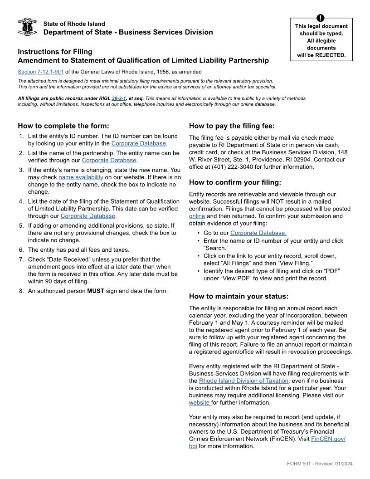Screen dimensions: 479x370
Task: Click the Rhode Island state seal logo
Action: coord(27,27)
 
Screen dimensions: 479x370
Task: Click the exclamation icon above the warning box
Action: coord(321,18)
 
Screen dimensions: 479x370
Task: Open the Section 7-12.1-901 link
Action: coord(40,72)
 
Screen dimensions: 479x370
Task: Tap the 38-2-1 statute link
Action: coord(119,98)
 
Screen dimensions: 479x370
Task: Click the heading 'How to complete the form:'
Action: coord(63,126)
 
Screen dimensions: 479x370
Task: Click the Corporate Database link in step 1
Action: coord(138,143)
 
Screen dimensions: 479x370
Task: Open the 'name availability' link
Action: coord(81,177)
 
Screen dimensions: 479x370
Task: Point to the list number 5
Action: coord(21,225)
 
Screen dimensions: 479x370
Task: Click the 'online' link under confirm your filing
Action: coord(197,216)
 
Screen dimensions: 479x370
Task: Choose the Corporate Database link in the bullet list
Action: coord(258,233)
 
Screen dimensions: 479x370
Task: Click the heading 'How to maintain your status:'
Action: coord(239,297)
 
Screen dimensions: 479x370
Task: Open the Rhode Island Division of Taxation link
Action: coord(243,381)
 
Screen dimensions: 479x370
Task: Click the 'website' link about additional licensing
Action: coord(199,403)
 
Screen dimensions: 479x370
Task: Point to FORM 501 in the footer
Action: coord(301,464)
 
